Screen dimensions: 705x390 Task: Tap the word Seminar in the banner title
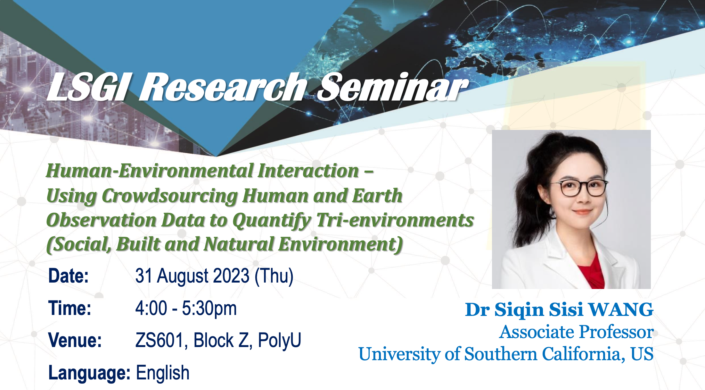pyautogui.click(x=393, y=87)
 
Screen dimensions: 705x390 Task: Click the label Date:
pyautogui.click(x=68, y=276)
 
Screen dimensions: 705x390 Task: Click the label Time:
pyautogui.click(x=70, y=308)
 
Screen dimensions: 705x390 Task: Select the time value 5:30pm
pyautogui.click(x=209, y=309)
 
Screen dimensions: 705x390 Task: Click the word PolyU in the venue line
pyautogui.click(x=280, y=340)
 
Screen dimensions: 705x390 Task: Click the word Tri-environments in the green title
pyautogui.click(x=395, y=220)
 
